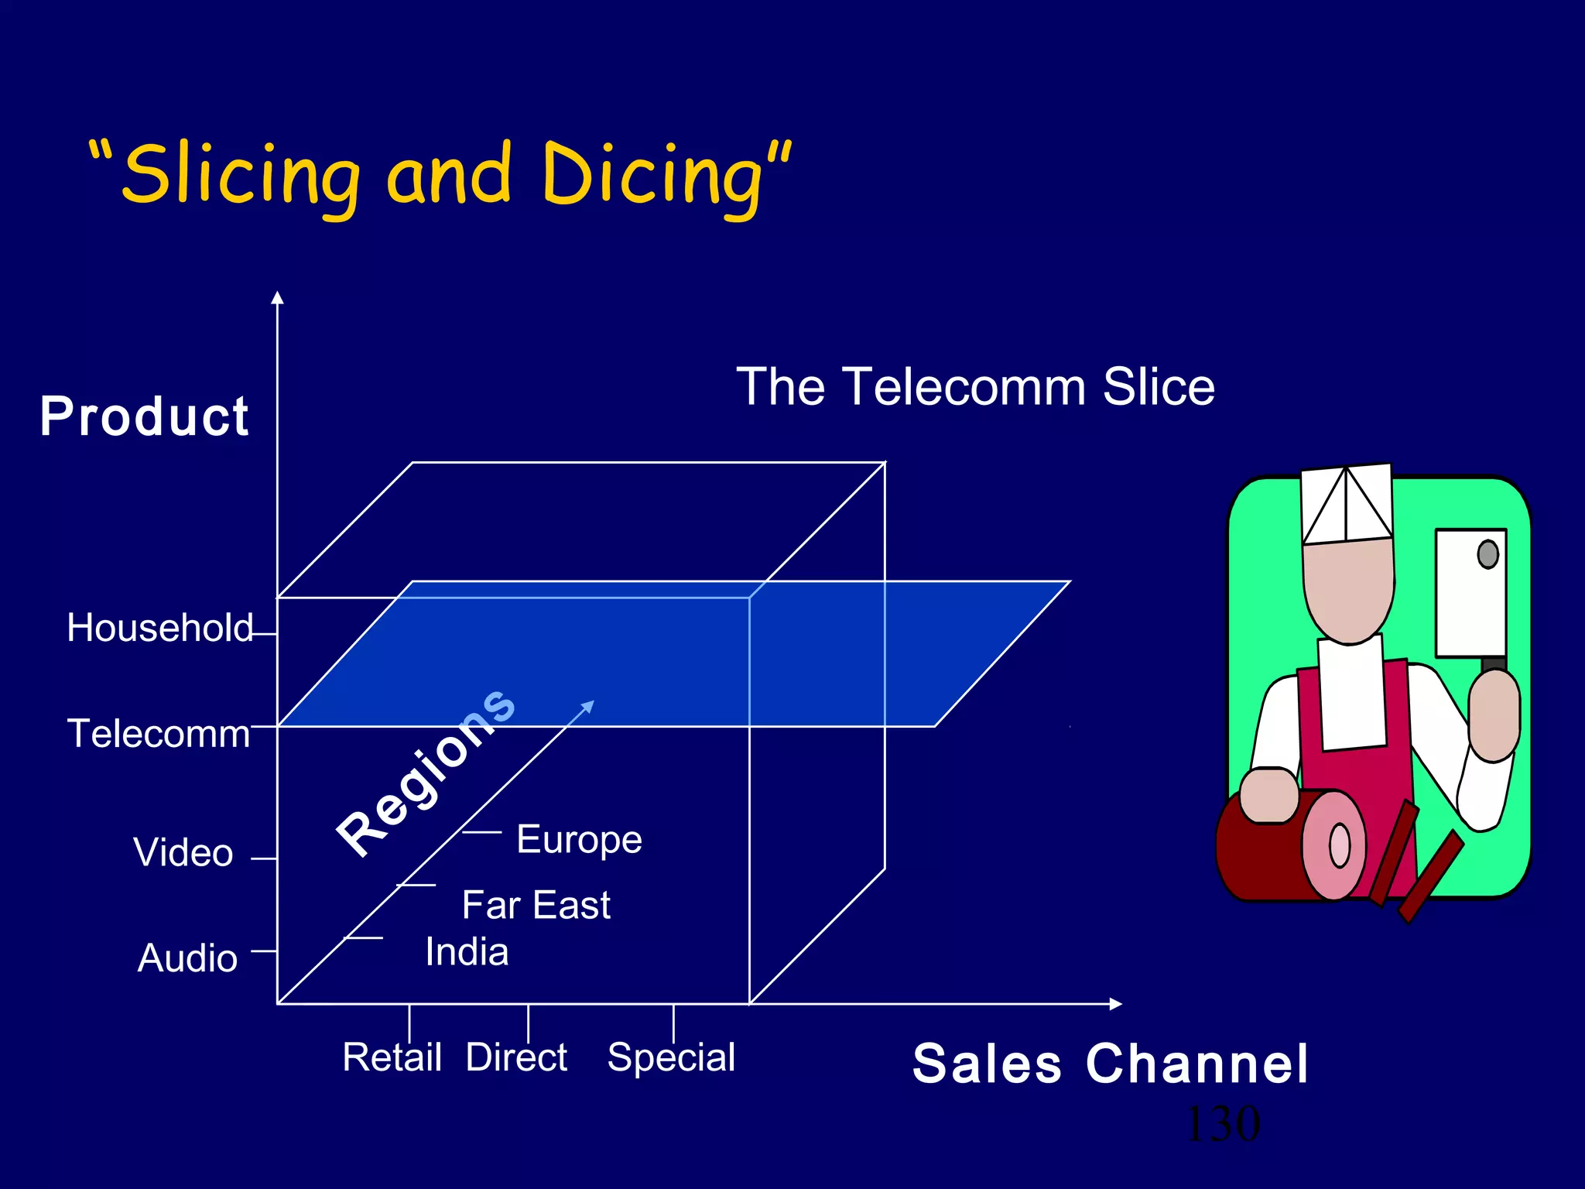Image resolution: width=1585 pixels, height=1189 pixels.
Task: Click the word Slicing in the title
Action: [x=240, y=174]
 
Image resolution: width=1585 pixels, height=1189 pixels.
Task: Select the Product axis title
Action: [x=145, y=416]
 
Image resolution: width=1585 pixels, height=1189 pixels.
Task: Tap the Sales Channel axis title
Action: [x=1111, y=1064]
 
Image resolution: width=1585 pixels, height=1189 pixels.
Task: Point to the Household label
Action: [x=159, y=628]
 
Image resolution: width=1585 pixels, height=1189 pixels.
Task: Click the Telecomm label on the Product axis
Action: [x=159, y=734]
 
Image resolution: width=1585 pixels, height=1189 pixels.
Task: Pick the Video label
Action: [x=183, y=852]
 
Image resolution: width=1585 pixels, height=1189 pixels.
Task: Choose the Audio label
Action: [x=187, y=958]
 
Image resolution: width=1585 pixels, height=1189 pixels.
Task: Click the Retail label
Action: [x=392, y=1057]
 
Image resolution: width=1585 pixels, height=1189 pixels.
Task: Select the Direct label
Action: [x=516, y=1057]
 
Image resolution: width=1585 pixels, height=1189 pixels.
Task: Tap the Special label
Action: [x=671, y=1058]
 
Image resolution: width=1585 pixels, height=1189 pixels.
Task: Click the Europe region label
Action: [x=579, y=840]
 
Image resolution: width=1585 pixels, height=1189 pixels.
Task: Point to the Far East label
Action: [x=536, y=905]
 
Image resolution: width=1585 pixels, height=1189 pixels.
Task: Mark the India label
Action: [x=467, y=952]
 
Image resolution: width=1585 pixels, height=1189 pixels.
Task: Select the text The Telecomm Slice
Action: [x=975, y=386]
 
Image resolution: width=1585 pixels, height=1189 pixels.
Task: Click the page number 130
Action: [x=1223, y=1124]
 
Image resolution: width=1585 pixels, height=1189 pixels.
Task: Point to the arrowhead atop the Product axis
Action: [x=278, y=298]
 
